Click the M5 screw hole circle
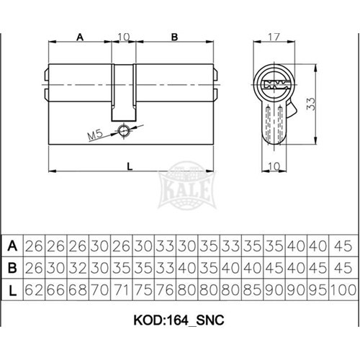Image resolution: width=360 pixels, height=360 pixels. click(124, 131)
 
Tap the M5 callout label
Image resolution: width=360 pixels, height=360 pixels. click(95, 135)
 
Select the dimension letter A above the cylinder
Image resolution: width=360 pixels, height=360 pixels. click(80, 37)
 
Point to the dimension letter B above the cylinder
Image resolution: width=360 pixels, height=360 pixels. click(174, 37)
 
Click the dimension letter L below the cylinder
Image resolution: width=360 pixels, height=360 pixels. click(130, 166)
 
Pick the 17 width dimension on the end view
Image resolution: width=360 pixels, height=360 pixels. click(274, 37)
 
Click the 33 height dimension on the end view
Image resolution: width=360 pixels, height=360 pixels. click(310, 104)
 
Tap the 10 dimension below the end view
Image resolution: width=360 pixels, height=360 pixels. click(274, 166)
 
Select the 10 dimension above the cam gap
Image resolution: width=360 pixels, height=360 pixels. click(124, 37)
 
